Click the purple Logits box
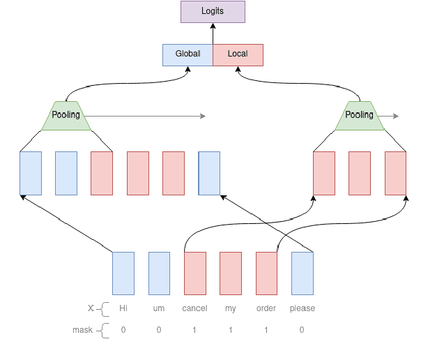[x=213, y=13]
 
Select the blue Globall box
[x=187, y=54]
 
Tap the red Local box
[x=238, y=54]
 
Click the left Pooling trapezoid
[x=66, y=115]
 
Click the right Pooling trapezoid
[x=360, y=115]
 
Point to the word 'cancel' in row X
[x=194, y=308]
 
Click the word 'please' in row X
[x=302, y=308]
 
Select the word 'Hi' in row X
[x=123, y=308]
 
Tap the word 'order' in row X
[x=266, y=308]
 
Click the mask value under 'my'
[x=231, y=330]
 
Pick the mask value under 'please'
[x=302, y=330]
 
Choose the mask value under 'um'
[x=159, y=330]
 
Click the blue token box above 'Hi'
[x=123, y=273]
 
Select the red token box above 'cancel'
[x=195, y=273]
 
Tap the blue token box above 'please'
[x=302, y=273]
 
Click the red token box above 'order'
[x=266, y=273]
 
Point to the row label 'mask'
[x=82, y=330]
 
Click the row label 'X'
[x=90, y=308]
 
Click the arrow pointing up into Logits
[x=213, y=33]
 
